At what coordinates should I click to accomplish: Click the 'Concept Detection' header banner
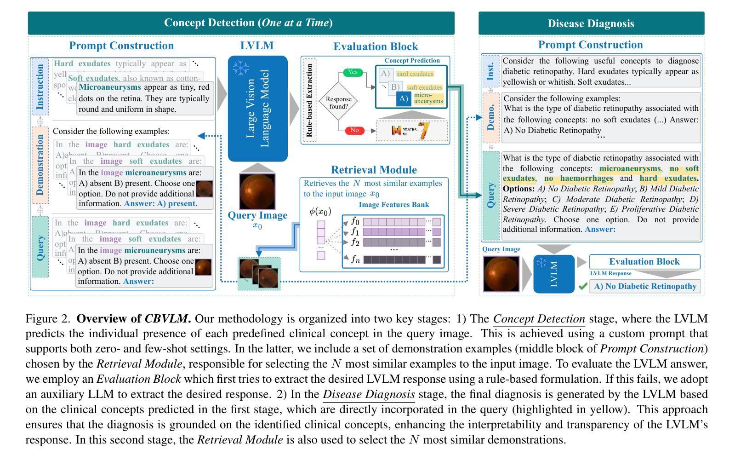pos(241,23)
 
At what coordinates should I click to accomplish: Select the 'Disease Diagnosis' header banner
pos(591,23)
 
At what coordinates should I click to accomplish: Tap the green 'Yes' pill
pos(353,72)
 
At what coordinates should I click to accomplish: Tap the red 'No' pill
pos(354,131)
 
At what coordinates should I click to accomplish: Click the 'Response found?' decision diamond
pos(338,102)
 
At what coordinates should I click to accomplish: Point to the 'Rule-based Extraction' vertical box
pos(310,101)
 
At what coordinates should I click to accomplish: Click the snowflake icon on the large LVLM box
pos(240,68)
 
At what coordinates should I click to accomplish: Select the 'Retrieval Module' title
pos(373,170)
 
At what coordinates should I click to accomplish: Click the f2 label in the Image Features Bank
pos(355,242)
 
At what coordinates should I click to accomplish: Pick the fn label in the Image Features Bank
pos(355,259)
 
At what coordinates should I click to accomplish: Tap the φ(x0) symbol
pos(319,211)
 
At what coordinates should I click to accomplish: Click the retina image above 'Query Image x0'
pos(257,191)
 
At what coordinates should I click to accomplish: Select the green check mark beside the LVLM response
pos(583,286)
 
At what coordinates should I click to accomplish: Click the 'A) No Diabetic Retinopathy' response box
pos(645,286)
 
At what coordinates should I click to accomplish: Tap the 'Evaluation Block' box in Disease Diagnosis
pos(644,262)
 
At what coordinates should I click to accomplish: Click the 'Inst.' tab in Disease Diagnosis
pos(490,71)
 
